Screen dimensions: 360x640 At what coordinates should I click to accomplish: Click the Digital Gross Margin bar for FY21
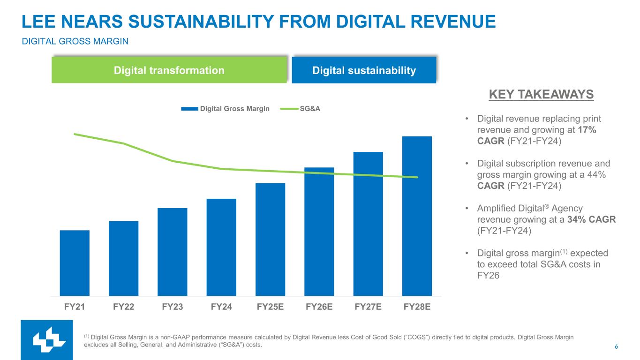tap(75, 262)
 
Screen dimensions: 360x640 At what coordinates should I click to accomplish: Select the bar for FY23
tap(173, 252)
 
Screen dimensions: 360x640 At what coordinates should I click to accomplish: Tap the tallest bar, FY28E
tap(417, 216)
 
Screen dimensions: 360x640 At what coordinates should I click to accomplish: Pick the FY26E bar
tap(319, 231)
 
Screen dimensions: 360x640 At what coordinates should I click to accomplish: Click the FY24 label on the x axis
tap(221, 307)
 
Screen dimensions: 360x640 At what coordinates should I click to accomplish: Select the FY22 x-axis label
tap(124, 307)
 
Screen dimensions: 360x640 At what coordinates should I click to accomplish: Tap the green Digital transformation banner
tap(169, 70)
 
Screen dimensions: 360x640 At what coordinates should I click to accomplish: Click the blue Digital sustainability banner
tap(364, 71)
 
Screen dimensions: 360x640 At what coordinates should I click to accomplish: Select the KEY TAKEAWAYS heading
tap(541, 95)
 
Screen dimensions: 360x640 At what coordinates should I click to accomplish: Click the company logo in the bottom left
tap(47, 340)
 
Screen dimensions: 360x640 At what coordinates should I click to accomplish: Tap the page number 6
tap(616, 347)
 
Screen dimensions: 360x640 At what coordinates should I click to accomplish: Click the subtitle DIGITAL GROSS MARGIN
tap(75, 42)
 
